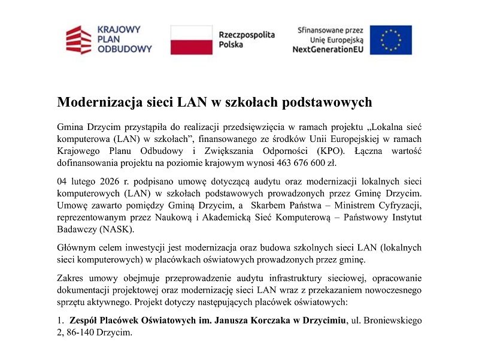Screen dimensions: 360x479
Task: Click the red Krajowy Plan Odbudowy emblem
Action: point(78,39)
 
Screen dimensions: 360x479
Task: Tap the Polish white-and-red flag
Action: point(191,40)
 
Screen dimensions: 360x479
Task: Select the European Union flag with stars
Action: point(390,40)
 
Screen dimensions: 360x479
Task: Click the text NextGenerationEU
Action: point(328,50)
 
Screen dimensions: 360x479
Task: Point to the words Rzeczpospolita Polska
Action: point(246,40)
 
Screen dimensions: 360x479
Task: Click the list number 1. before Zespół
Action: point(60,320)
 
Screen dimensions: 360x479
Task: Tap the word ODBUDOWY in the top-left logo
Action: point(124,49)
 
